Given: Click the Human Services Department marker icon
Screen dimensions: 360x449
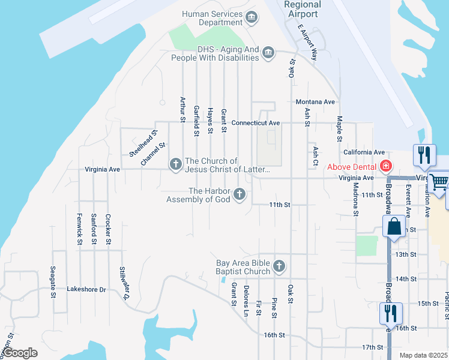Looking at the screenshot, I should (x=252, y=17).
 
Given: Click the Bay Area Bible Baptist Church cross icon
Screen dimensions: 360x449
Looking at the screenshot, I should (x=279, y=266).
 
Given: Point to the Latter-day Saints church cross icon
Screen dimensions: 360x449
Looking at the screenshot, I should (x=176, y=164).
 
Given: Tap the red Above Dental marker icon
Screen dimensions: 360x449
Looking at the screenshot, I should (x=385, y=166).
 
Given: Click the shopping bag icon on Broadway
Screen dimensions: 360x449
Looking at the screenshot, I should (x=394, y=227).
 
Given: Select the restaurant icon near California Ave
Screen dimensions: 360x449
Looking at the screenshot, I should (x=425, y=154).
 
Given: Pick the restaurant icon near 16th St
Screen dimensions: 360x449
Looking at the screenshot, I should (x=390, y=313).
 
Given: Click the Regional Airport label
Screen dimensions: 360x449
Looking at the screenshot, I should (x=303, y=9).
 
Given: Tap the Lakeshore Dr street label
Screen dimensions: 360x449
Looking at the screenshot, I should (x=86, y=289).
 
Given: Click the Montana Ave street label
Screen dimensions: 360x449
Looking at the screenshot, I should (x=315, y=102).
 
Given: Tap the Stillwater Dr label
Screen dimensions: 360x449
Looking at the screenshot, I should (x=125, y=283).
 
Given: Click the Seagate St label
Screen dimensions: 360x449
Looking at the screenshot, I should (x=53, y=282).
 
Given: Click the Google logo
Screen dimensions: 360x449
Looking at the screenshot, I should (x=20, y=353).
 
